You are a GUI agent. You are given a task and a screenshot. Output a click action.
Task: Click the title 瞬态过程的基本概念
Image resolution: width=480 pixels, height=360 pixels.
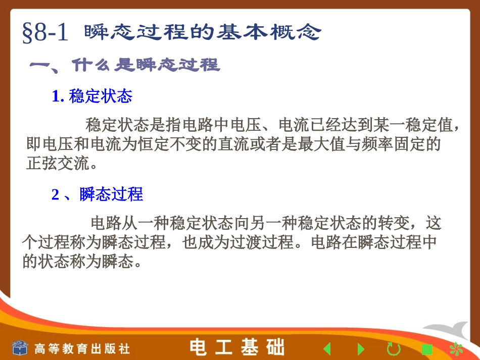tap(202, 33)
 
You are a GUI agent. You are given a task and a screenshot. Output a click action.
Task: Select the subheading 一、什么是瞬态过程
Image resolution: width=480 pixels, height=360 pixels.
tap(125, 65)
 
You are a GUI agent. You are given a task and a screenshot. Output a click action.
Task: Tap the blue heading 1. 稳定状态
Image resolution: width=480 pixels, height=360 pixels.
tap(92, 96)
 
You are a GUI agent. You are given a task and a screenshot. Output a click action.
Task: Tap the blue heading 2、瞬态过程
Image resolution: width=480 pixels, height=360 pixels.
tap(97, 194)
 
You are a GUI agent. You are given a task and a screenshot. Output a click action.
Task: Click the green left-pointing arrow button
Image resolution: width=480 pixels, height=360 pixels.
tap(327, 348)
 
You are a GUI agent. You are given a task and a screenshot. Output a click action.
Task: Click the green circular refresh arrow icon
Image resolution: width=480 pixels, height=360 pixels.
tap(393, 348)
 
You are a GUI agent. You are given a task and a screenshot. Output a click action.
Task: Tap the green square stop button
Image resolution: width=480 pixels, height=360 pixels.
tap(427, 349)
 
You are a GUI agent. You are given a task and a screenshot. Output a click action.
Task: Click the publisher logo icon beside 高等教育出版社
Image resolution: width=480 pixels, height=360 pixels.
tap(21, 347)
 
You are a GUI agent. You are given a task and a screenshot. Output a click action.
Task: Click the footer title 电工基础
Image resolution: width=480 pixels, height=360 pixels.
tap(237, 347)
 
